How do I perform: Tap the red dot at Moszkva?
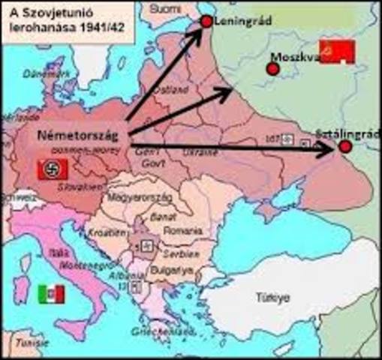pyautogui.click(x=273, y=68)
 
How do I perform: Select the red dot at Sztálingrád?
pyautogui.click(x=344, y=148)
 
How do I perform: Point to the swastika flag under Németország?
pyautogui.click(x=53, y=169)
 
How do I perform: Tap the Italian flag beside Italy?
pyautogui.click(x=50, y=294)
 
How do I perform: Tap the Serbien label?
pyautogui.click(x=180, y=254)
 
